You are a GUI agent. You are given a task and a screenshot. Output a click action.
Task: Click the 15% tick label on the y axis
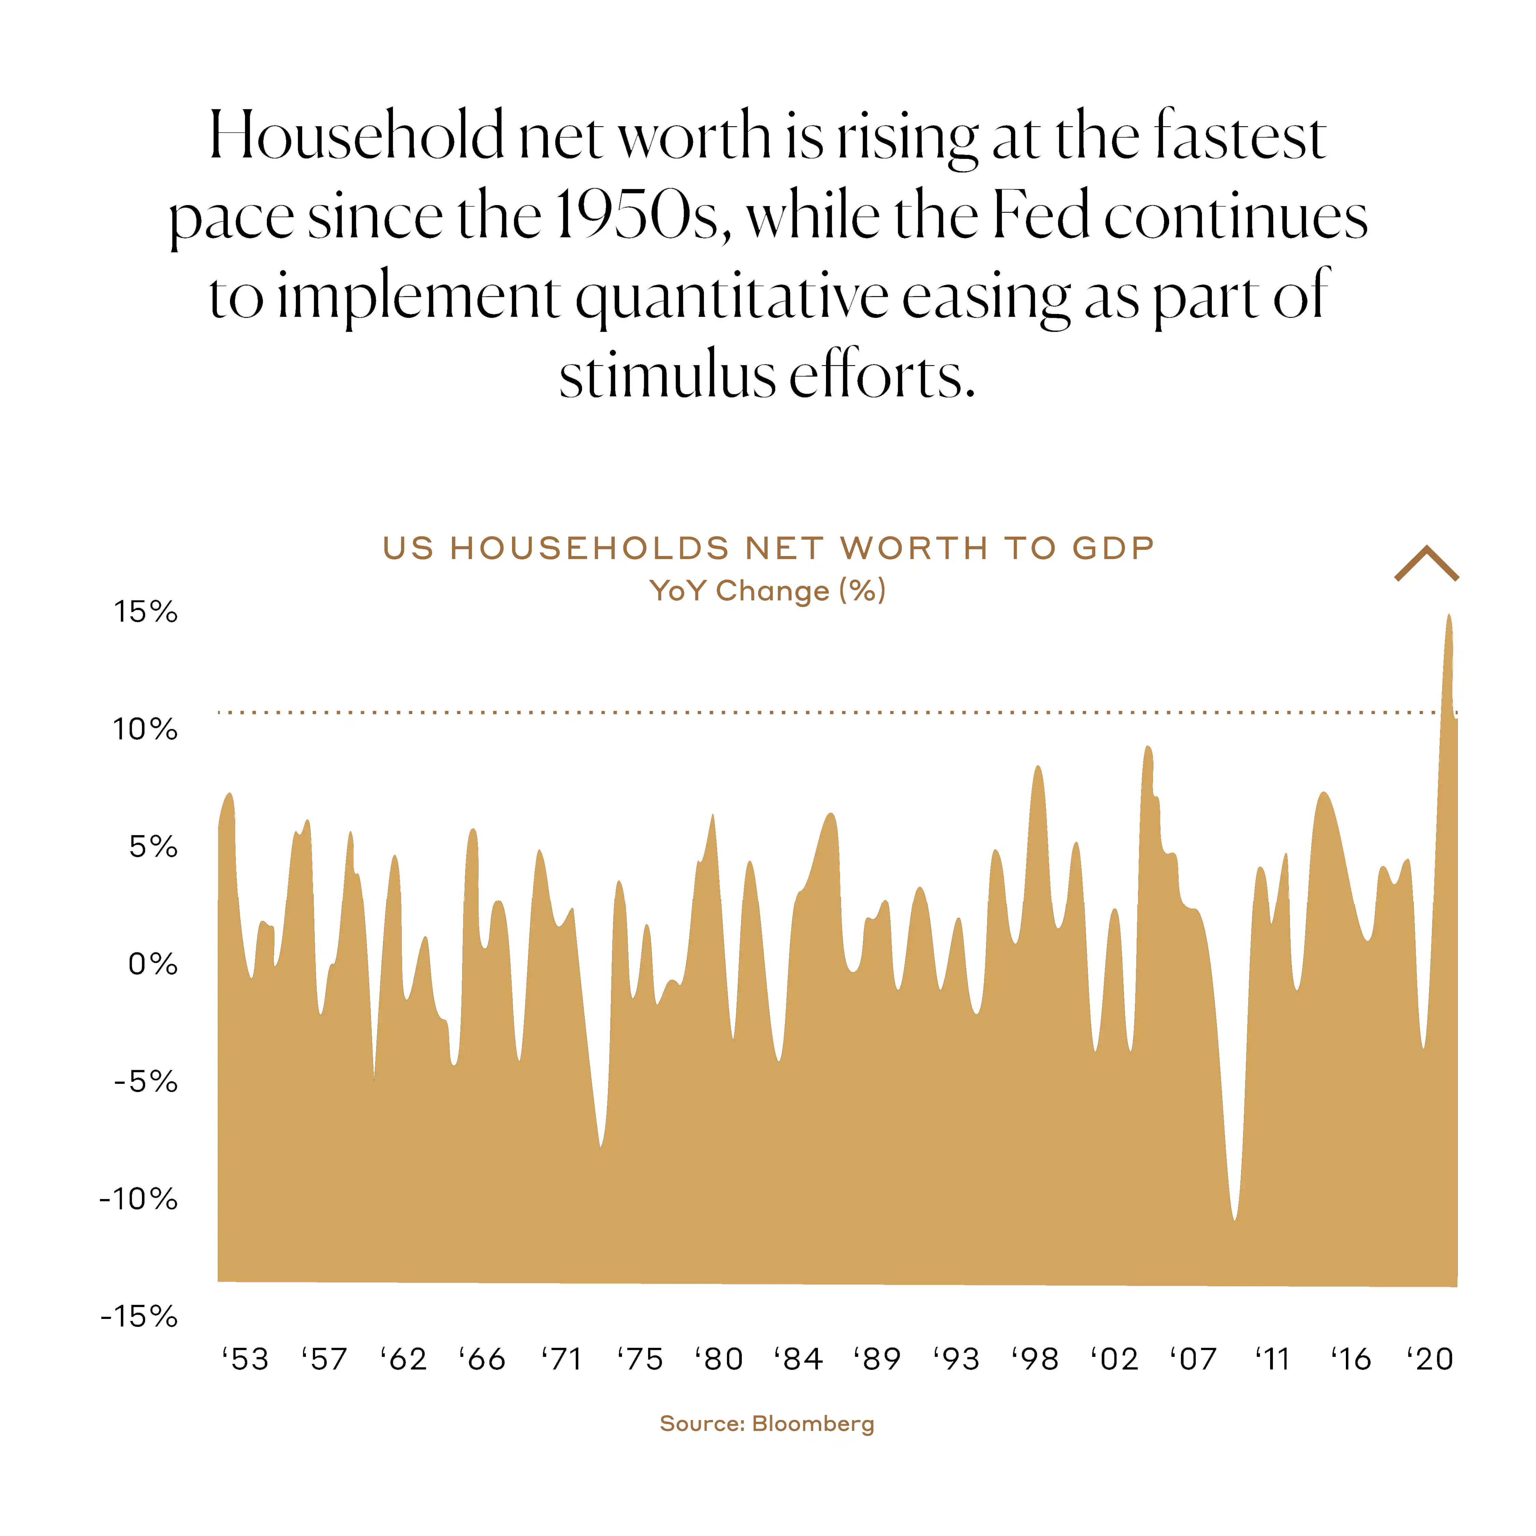point(145,612)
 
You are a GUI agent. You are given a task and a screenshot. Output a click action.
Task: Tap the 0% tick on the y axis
point(153,964)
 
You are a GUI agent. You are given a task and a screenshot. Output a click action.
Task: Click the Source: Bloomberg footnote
point(767,1424)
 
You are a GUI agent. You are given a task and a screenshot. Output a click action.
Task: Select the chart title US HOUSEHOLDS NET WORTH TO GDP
point(768,549)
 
